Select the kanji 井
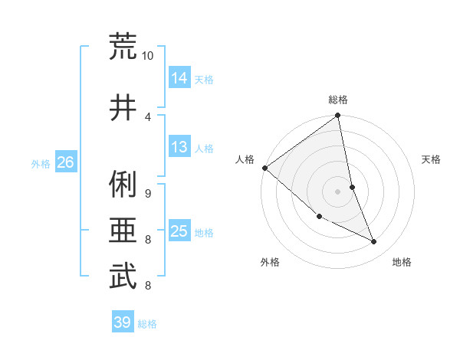[123, 107]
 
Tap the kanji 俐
[123, 184]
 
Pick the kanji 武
[123, 277]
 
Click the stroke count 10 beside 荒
[148, 56]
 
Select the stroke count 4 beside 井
[148, 116]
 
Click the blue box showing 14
[179, 77]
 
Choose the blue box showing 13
[179, 147]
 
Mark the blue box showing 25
[179, 231]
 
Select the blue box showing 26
[65, 162]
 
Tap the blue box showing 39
[122, 322]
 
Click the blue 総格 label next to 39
[147, 324]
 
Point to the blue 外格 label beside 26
[41, 164]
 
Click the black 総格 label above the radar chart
[338, 100]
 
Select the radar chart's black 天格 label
[432, 159]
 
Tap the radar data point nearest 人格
[264, 168]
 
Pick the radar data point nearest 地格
[374, 241]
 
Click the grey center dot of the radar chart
[337, 191]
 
